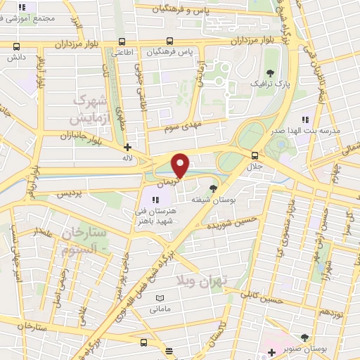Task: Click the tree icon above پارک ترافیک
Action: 270,72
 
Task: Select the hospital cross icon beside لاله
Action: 127,148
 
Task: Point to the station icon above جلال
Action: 254,156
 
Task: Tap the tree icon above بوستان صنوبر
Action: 304,337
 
